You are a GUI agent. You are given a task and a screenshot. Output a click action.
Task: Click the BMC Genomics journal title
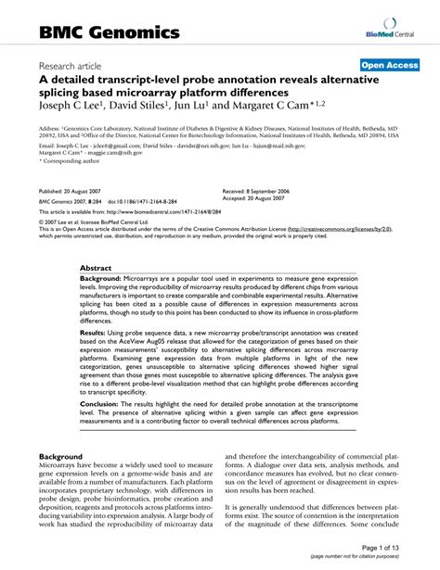tap(109, 32)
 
